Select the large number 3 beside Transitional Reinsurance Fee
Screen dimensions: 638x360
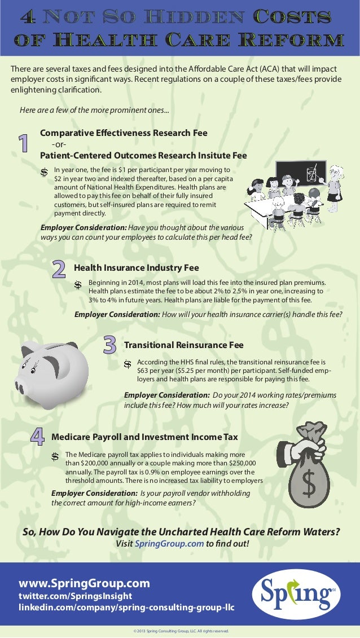109,345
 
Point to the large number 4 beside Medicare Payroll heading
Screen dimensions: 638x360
37,437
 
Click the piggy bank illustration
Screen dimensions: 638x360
54,372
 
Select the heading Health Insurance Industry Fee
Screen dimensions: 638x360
136,268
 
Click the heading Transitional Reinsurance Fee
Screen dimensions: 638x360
183,345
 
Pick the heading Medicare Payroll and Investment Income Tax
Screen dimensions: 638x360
144,437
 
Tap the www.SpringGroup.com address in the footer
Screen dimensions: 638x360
85,583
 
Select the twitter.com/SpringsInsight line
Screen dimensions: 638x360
75,596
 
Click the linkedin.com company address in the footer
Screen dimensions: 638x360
126,608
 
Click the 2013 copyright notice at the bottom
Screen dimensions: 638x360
179,631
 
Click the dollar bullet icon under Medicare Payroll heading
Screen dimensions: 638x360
56,456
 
